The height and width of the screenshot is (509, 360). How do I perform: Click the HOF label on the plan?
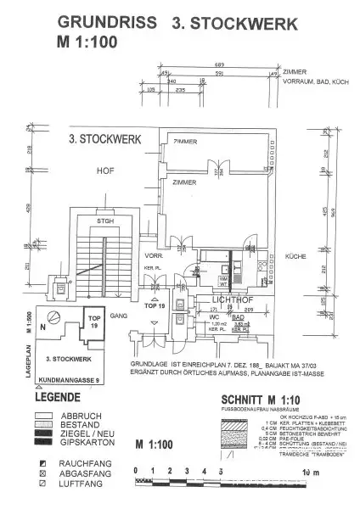pos(105,171)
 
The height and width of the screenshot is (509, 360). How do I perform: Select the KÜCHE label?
pos(295,255)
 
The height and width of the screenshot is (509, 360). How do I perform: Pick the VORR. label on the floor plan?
pos(154,255)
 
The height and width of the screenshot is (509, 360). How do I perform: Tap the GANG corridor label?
pos(116,315)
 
